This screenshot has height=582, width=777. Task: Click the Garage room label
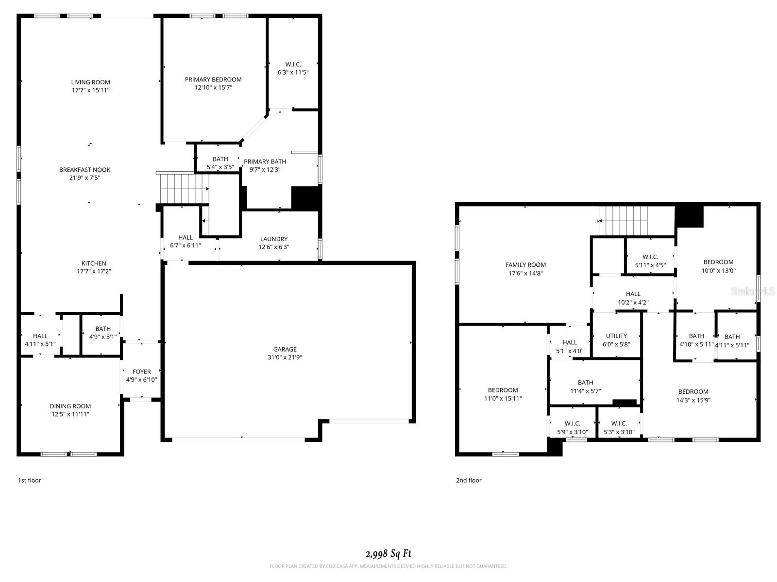(x=285, y=349)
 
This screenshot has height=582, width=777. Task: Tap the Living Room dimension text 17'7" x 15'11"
(x=90, y=90)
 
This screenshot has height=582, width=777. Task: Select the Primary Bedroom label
(x=213, y=80)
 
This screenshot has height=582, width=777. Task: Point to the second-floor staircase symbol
(x=624, y=220)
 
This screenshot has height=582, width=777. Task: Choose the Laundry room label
(x=274, y=239)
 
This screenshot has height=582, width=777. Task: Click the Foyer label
(x=141, y=372)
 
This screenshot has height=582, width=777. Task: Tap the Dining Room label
(x=70, y=406)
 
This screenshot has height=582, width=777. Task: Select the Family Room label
(x=525, y=265)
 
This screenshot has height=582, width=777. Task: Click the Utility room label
(x=616, y=336)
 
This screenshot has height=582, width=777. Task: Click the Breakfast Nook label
(x=84, y=170)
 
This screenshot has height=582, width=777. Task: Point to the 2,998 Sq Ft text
(x=388, y=553)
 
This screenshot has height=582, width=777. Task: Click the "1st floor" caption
(x=30, y=480)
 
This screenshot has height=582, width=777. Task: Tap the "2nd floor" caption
(x=469, y=480)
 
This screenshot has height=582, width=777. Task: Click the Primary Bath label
(x=265, y=162)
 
